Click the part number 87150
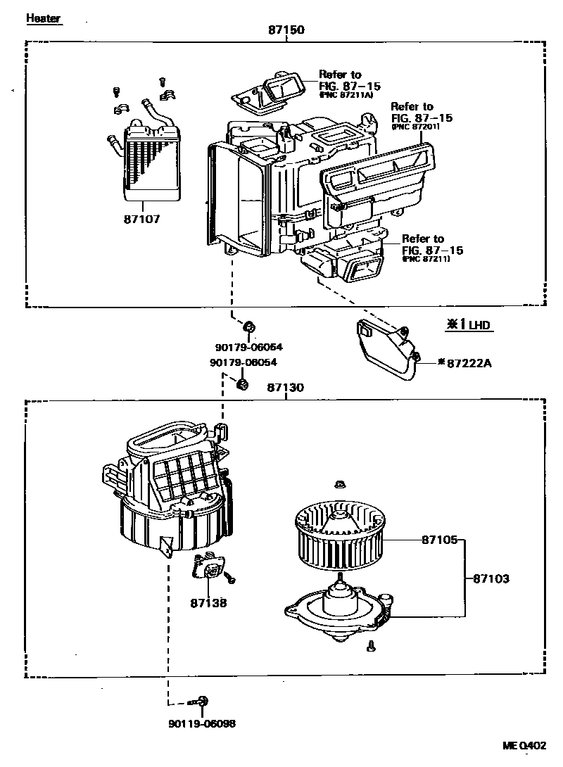click(286, 30)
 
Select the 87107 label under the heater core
click(142, 219)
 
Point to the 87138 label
click(208, 603)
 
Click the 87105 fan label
click(441, 540)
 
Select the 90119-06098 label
click(202, 723)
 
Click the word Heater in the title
click(44, 18)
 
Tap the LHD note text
click(479, 325)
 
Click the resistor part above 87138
click(210, 567)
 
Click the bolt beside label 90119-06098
click(202, 701)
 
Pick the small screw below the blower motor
click(371, 645)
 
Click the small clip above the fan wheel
click(340, 484)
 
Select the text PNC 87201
click(417, 127)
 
